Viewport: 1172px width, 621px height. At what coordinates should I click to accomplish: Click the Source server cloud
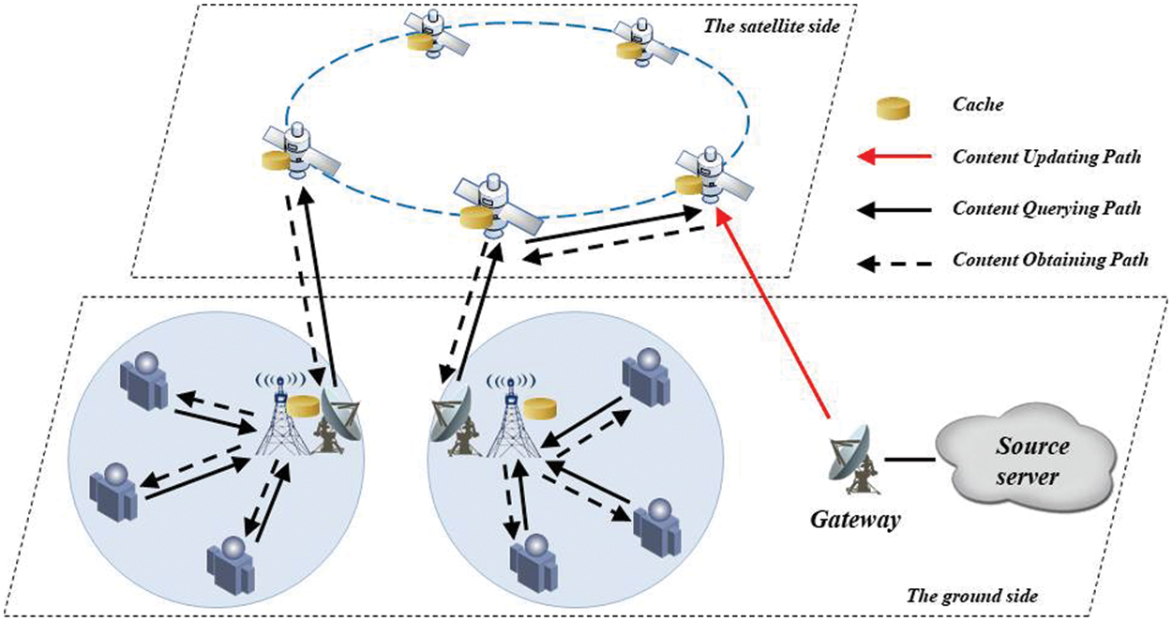(1028, 462)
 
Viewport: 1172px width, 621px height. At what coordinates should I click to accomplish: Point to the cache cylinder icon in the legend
(894, 105)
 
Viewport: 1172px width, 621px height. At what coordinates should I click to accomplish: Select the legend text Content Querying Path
(1046, 208)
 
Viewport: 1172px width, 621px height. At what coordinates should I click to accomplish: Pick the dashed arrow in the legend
(895, 260)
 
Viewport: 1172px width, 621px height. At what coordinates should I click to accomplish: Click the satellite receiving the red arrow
(710, 176)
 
